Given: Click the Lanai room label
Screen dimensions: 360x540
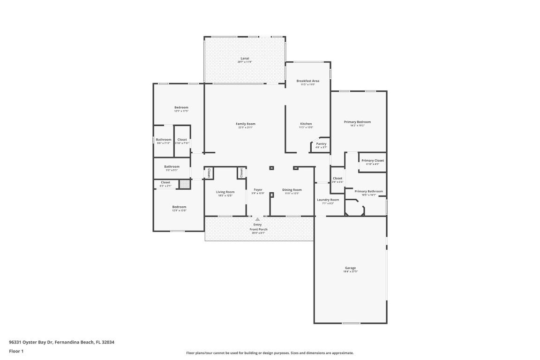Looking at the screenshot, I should [245, 58].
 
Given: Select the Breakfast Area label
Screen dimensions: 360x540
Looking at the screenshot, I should [307, 81].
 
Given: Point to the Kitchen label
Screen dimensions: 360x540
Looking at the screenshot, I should [306, 124].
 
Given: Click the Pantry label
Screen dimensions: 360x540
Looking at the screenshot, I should [321, 144].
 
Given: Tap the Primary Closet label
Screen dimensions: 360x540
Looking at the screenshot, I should [373, 160].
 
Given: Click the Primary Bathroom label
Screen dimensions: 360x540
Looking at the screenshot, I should [368, 191].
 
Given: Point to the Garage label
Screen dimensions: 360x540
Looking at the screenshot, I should [350, 268].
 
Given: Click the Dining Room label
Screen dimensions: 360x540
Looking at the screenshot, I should [292, 190].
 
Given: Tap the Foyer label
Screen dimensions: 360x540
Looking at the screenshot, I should [258, 190].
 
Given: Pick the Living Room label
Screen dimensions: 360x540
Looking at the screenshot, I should [225, 192].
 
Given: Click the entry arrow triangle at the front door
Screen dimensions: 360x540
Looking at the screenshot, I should [257, 219].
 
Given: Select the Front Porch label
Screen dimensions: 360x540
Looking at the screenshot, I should [258, 229].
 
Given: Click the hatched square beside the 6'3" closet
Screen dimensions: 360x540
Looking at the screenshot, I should [185, 184].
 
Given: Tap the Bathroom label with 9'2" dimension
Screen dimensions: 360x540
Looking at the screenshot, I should [172, 166].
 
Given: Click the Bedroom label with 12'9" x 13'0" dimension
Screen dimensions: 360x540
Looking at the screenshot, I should [179, 207].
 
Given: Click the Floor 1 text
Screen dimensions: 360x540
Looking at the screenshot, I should [16, 351].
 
